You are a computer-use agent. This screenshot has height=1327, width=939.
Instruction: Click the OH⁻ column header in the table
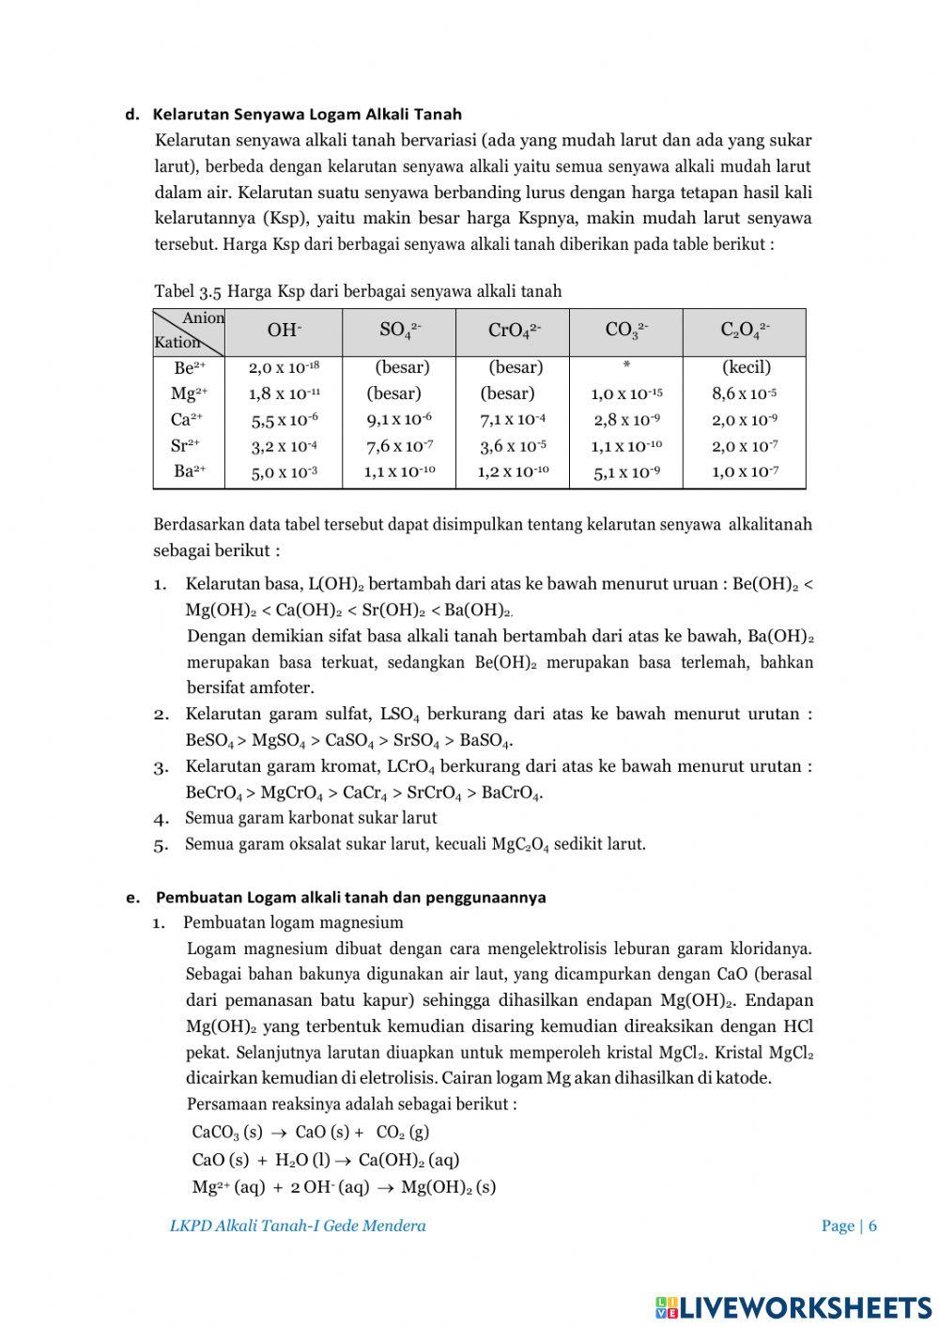(x=285, y=330)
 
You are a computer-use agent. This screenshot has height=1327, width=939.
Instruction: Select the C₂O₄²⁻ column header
(x=745, y=330)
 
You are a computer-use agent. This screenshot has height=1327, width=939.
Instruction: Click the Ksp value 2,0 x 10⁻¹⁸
(x=284, y=368)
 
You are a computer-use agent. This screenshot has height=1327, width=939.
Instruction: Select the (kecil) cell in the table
(x=746, y=367)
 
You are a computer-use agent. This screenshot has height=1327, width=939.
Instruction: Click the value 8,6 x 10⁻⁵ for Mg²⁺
(x=744, y=393)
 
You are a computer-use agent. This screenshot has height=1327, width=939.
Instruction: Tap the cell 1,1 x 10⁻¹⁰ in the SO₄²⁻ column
(x=399, y=471)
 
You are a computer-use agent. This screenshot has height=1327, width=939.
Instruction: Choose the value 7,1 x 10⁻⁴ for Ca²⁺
(x=513, y=420)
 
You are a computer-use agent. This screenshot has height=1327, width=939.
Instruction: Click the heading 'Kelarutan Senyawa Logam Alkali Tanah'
(x=307, y=115)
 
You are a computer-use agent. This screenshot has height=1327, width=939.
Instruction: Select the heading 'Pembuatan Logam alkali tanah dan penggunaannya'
(x=350, y=897)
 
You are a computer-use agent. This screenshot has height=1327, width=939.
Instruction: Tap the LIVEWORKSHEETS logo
(x=793, y=1306)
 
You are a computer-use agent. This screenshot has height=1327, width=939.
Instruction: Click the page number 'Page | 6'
(x=849, y=1226)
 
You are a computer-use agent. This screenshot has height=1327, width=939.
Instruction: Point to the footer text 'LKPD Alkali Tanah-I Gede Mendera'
(x=298, y=1226)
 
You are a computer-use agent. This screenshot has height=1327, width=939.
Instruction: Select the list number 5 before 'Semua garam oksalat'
(x=161, y=844)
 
